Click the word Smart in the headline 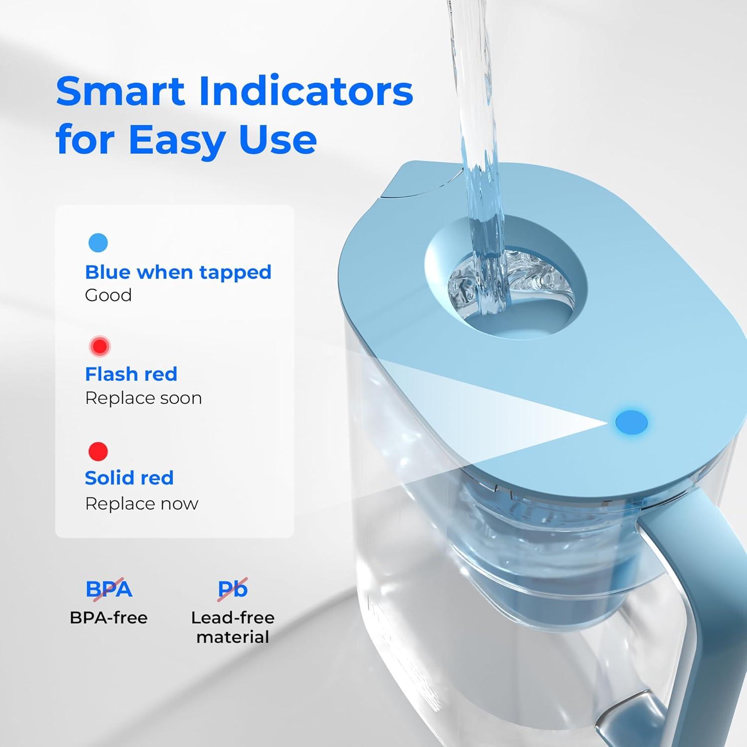tap(121, 91)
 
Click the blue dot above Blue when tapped tap(98, 243)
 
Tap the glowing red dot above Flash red tap(100, 346)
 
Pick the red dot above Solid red tap(98, 451)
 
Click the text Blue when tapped tap(178, 272)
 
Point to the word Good tap(108, 295)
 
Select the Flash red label tap(131, 374)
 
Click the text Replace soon tap(143, 398)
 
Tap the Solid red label tap(129, 478)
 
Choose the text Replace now tap(141, 503)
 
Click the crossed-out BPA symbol tap(109, 589)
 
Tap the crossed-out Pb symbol tap(233, 589)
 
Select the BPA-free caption tap(109, 618)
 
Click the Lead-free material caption tap(233, 627)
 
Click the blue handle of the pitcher tap(697, 598)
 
